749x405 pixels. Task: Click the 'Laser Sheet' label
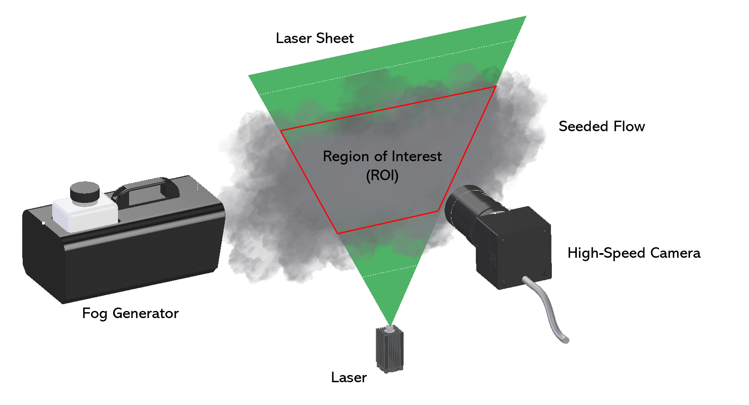pyautogui.click(x=315, y=38)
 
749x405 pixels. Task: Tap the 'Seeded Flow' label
pyautogui.click(x=602, y=127)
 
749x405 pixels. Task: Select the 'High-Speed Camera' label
pyautogui.click(x=634, y=253)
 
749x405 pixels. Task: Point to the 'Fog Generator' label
pyautogui.click(x=130, y=313)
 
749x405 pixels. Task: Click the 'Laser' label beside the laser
pyautogui.click(x=349, y=378)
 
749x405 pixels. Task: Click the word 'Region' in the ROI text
pyautogui.click(x=346, y=157)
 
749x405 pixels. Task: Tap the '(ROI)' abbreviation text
pyautogui.click(x=382, y=175)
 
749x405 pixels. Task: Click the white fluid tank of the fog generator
pyautogui.click(x=84, y=215)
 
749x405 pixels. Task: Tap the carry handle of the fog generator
pyautogui.click(x=146, y=190)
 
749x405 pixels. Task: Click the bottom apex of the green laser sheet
pyautogui.click(x=390, y=325)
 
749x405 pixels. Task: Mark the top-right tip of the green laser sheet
pyautogui.click(x=525, y=17)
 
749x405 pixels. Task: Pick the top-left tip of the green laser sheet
pyautogui.click(x=249, y=76)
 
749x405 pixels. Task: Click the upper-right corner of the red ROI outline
pyautogui.click(x=496, y=86)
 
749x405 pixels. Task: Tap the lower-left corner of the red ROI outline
pyautogui.click(x=338, y=233)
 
